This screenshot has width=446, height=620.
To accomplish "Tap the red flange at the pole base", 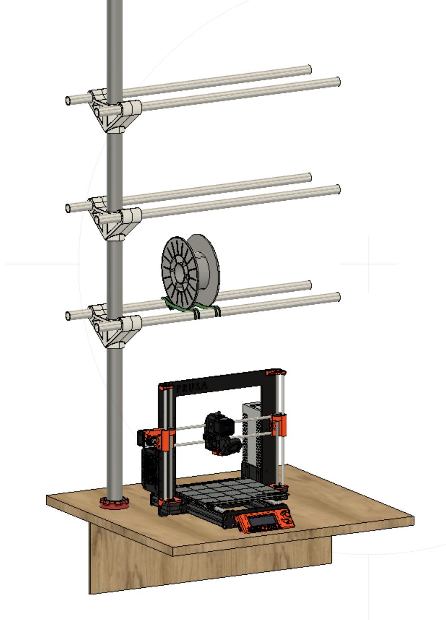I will click(x=115, y=504).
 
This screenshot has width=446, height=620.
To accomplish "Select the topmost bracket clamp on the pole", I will click(x=116, y=110).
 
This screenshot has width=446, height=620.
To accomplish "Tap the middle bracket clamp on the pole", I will click(x=116, y=218).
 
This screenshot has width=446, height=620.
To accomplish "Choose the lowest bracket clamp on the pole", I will click(x=116, y=326).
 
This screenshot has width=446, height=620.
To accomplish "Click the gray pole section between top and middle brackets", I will click(x=115, y=164).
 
